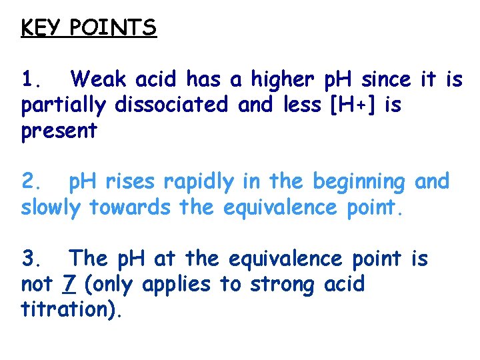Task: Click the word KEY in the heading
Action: click(x=38, y=28)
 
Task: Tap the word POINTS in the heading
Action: click(x=113, y=28)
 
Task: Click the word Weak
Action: click(x=100, y=80)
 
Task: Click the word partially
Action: click(x=64, y=106)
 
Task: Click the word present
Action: click(x=59, y=131)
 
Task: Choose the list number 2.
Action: click(x=31, y=181)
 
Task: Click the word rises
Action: click(x=137, y=181)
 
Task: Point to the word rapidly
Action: click(x=204, y=182)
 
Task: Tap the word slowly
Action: click(x=51, y=207)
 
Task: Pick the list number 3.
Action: click(x=31, y=258)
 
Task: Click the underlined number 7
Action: click(x=69, y=284)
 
